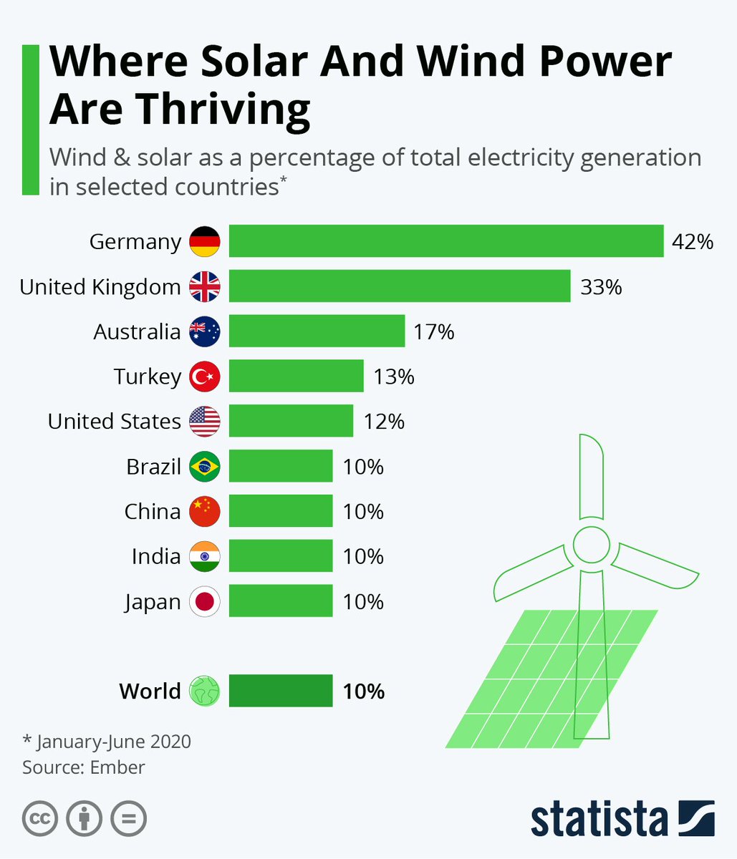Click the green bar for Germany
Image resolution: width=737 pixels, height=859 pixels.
[445, 241]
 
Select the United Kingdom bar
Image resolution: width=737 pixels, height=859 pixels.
[400, 286]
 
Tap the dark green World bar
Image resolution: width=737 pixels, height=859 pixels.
[281, 691]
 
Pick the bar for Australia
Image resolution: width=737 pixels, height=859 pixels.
[317, 331]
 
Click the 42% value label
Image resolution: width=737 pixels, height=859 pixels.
[692, 242]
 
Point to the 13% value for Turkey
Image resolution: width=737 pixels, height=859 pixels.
[393, 377]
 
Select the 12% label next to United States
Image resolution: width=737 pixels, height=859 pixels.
[384, 422]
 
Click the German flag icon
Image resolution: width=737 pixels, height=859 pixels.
[205, 242]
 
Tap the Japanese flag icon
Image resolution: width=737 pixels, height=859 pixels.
[205, 601]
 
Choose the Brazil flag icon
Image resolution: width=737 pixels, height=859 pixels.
[205, 467]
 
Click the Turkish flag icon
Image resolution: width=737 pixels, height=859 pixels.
[205, 377]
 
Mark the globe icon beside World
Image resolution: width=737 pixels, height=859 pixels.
[205, 691]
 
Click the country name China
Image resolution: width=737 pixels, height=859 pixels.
[152, 512]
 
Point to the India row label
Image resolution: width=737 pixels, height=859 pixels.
[155, 556]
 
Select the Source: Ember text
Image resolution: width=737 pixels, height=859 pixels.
[84, 767]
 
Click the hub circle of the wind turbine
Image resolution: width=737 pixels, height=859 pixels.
[591, 545]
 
